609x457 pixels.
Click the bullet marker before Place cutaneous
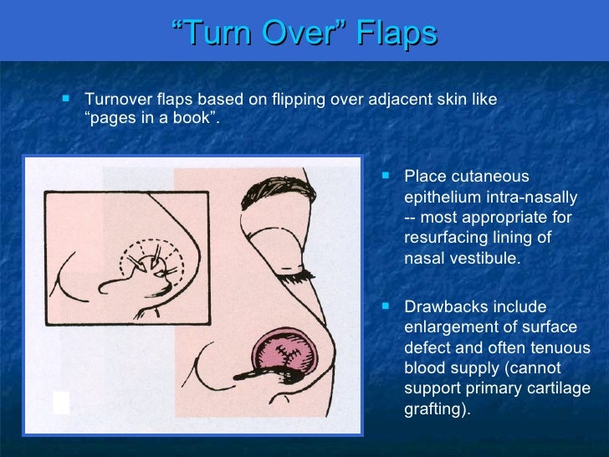386,176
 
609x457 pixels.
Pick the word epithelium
444,198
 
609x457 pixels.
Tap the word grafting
433,409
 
